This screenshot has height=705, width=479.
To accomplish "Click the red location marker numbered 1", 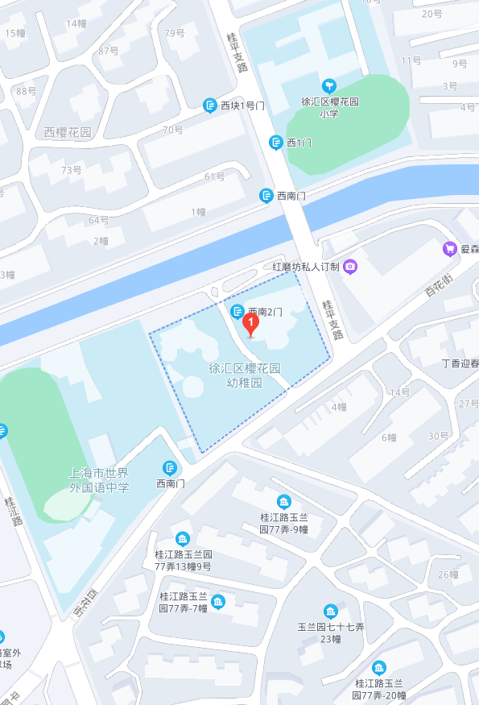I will (250, 325).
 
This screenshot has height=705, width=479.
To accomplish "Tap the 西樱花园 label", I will (68, 132).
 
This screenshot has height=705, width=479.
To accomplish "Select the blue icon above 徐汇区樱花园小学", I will (328, 85).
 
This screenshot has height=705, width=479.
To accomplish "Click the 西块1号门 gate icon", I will (209, 106).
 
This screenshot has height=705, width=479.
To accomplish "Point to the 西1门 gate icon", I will (276, 143).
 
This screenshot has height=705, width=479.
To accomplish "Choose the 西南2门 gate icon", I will (237, 311).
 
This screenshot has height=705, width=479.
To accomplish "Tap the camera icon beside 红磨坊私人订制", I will (349, 267).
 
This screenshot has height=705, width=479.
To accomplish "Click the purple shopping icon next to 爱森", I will (449, 249).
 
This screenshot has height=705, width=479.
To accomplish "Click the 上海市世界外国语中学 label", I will (99, 479).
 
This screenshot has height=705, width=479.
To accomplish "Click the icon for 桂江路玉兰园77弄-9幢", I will (283, 502).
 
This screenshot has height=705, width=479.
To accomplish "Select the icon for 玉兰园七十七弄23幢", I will (330, 611).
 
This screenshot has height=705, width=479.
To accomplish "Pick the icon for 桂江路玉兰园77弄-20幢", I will (378, 667).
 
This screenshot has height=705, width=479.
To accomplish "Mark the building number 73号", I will (72, 170).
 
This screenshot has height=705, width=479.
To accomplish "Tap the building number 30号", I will (438, 436).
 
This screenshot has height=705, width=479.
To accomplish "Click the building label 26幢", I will (448, 574).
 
